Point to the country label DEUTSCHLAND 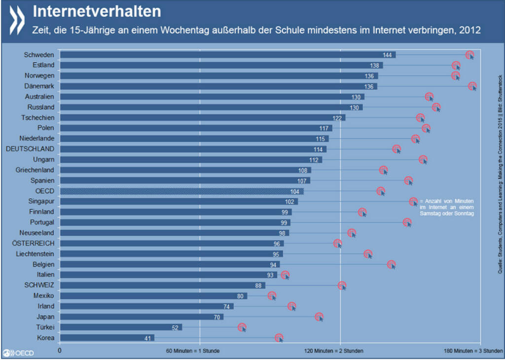[x=30, y=149]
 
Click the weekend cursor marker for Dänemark [x=472, y=86]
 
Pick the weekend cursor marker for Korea [x=279, y=338]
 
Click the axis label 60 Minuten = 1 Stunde [x=193, y=351]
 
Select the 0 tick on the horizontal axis [x=60, y=351]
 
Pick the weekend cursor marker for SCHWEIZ [x=342, y=286]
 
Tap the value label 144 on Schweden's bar [x=387, y=55]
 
